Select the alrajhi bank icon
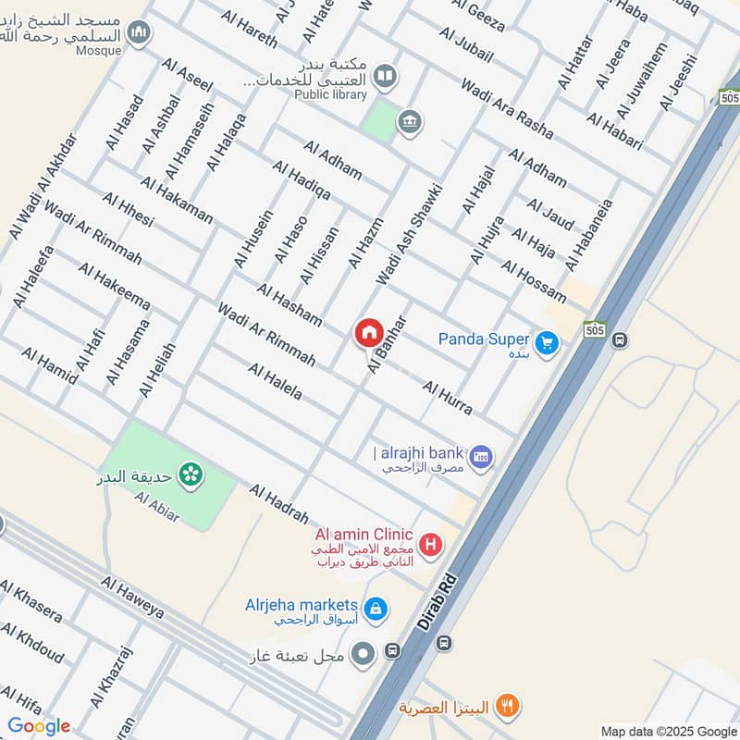(480, 456)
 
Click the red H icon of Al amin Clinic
(429, 546)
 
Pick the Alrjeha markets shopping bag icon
(376, 609)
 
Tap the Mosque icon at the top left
(139, 33)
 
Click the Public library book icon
(386, 76)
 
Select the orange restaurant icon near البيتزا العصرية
(506, 707)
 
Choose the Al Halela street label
(275, 381)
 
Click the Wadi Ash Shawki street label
(409, 234)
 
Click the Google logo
(39, 726)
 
